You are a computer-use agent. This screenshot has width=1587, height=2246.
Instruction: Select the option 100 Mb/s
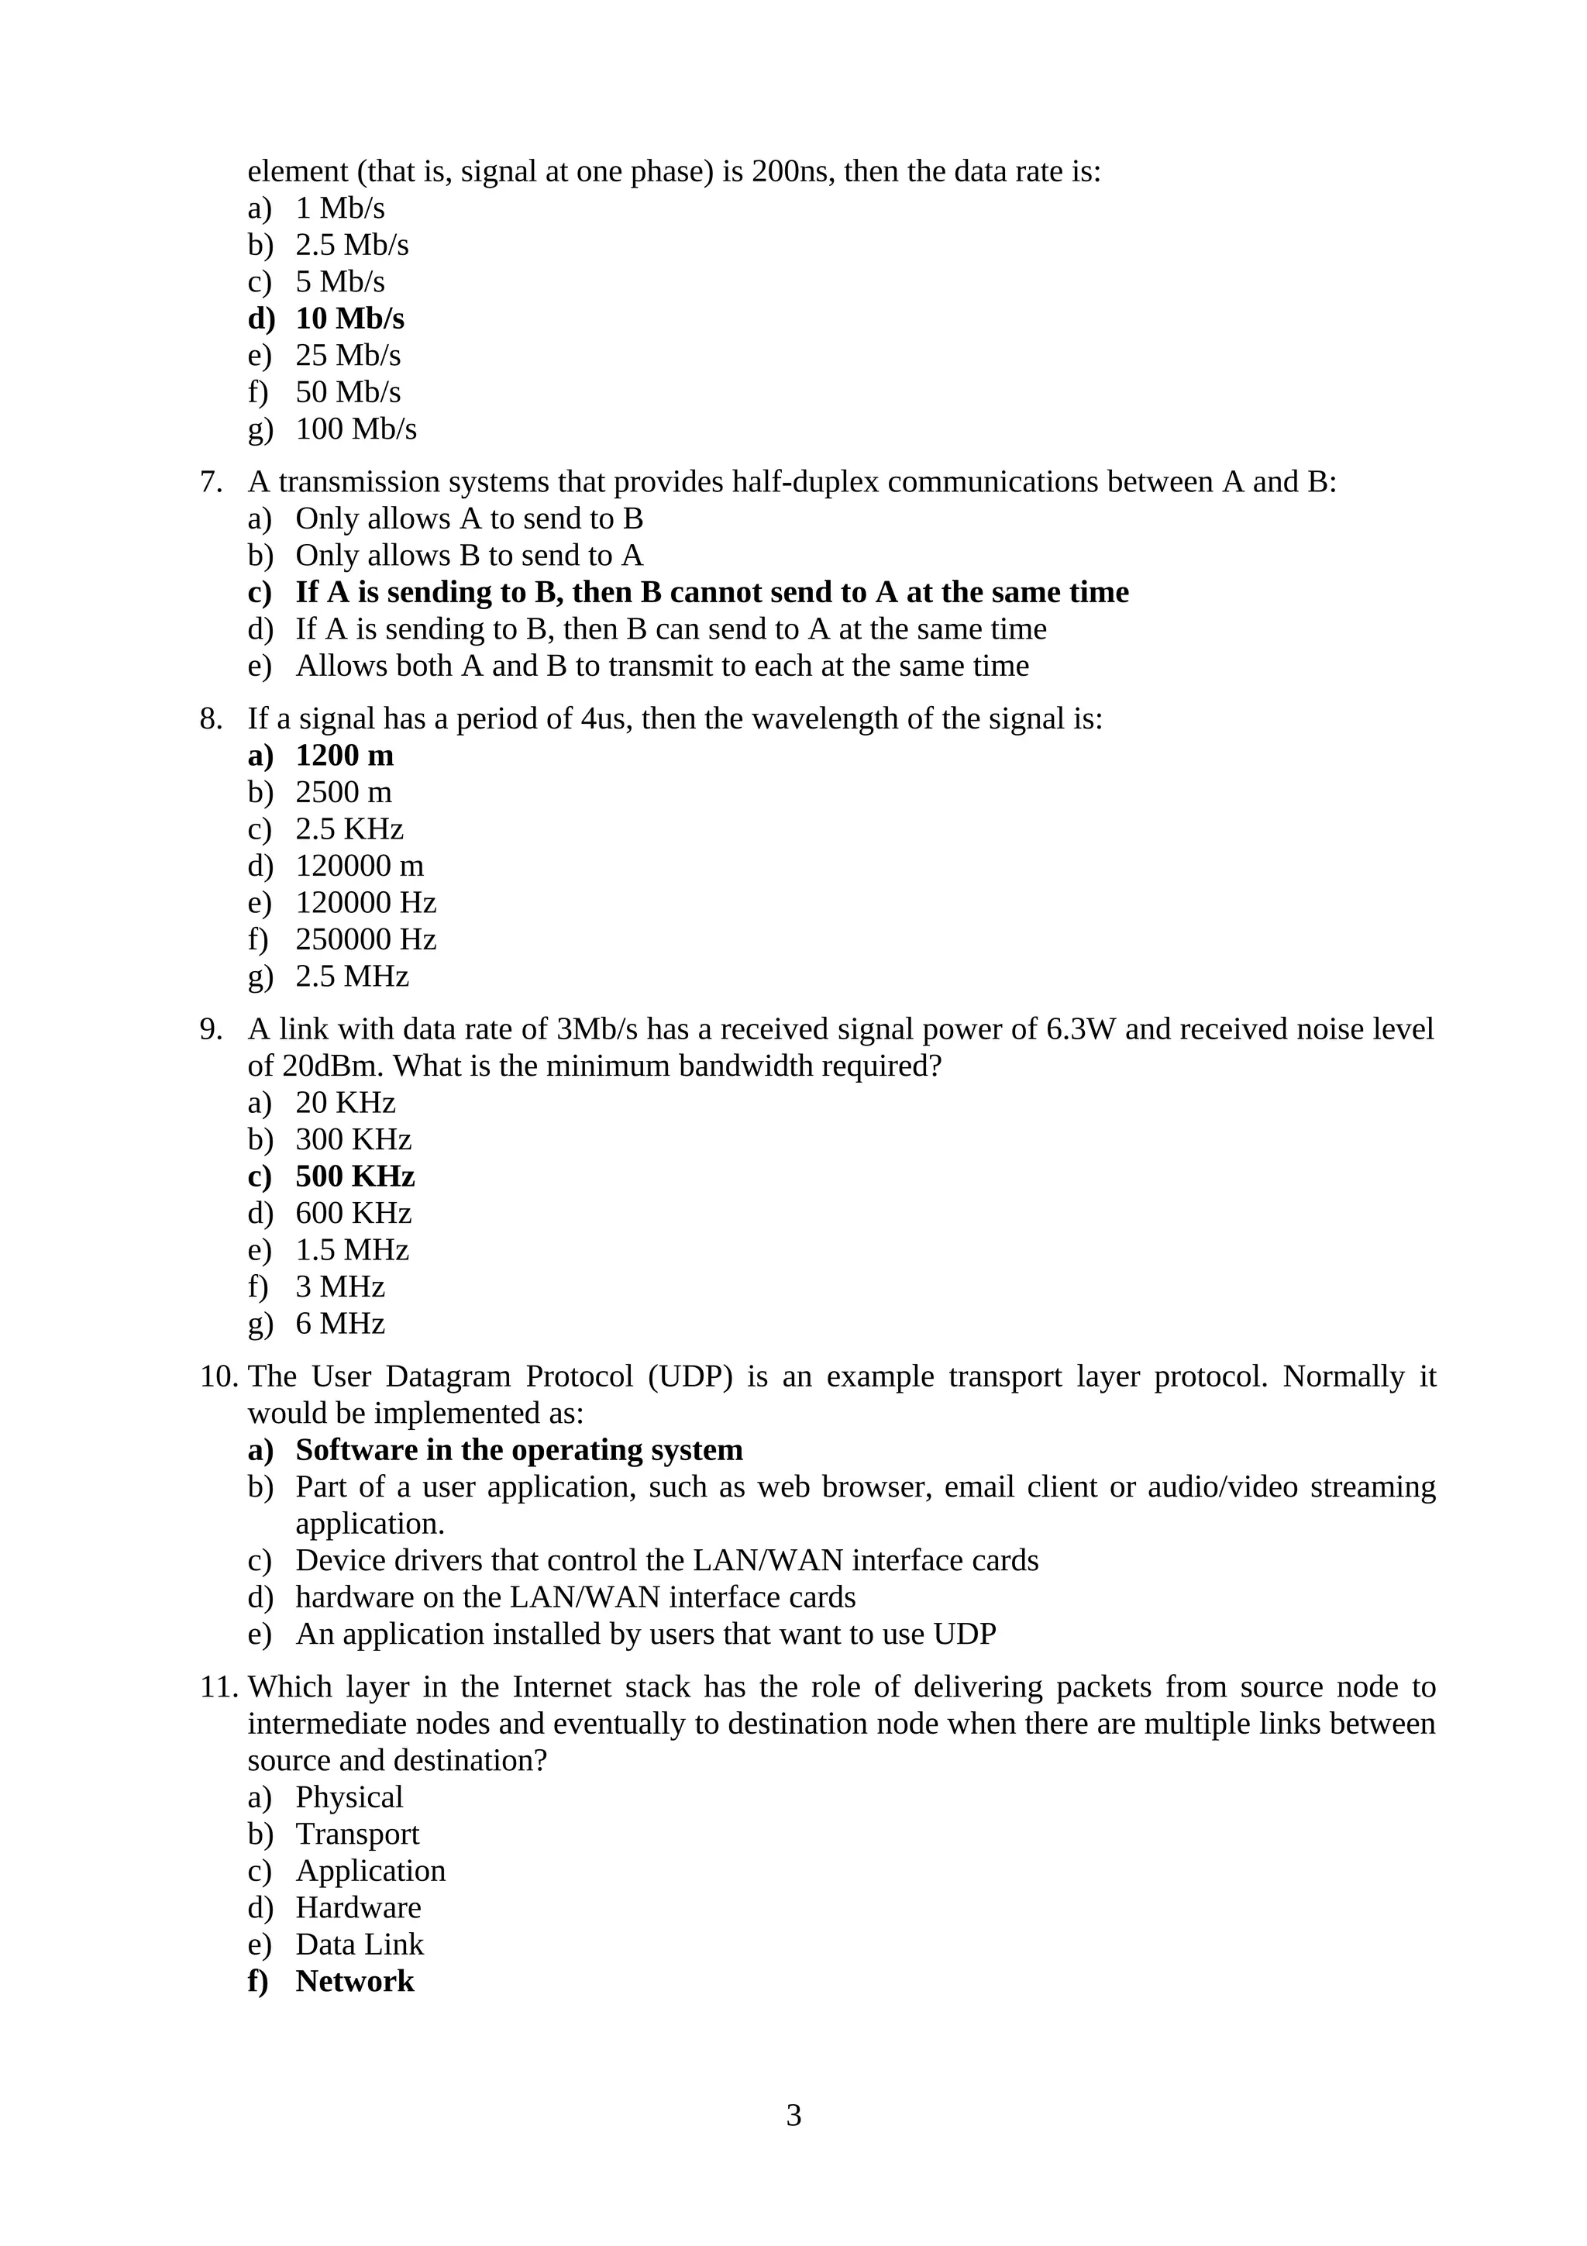(x=356, y=429)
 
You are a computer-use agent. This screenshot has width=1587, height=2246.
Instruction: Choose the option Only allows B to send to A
(x=470, y=556)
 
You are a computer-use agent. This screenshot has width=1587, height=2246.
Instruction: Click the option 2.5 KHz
(x=349, y=829)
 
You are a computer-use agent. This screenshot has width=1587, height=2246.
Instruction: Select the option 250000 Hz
(x=366, y=940)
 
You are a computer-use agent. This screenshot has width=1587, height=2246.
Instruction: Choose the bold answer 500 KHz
(x=355, y=1176)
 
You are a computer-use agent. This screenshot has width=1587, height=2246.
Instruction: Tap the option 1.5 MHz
(x=352, y=1250)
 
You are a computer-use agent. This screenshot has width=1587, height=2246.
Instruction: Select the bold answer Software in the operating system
(x=518, y=1450)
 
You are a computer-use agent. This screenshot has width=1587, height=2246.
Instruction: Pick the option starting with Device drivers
(x=667, y=1560)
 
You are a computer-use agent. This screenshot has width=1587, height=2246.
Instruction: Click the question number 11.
(x=217, y=1687)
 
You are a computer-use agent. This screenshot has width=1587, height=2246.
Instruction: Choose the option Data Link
(x=359, y=1945)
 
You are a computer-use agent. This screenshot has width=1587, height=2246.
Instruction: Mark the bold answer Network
(x=354, y=1982)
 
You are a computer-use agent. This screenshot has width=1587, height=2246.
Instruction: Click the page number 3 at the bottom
(x=793, y=2116)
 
